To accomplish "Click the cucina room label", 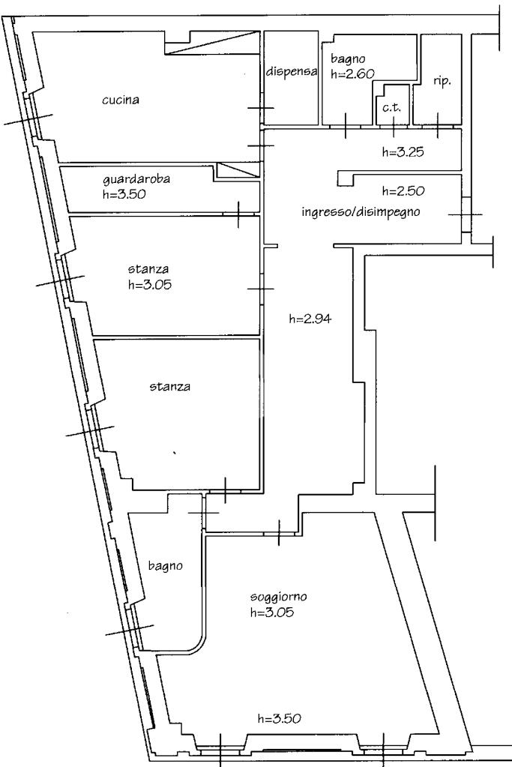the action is pyautogui.click(x=120, y=100).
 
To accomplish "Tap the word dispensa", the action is pyautogui.click(x=292, y=71).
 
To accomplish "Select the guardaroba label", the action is pyautogui.click(x=136, y=179).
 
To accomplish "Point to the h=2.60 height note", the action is pyautogui.click(x=352, y=74).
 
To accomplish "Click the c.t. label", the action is pyautogui.click(x=392, y=108).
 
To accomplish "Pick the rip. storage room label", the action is pyautogui.click(x=442, y=82).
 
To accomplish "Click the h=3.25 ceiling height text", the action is pyautogui.click(x=403, y=152).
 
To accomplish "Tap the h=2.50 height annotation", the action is pyautogui.click(x=403, y=190).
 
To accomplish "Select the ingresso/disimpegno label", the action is pyautogui.click(x=361, y=212).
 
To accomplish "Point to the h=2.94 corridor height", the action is pyautogui.click(x=310, y=319).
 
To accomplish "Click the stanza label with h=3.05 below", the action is pyautogui.click(x=148, y=268).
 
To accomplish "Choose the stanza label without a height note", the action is pyautogui.click(x=169, y=387).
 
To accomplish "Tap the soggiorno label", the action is pyautogui.click(x=278, y=597).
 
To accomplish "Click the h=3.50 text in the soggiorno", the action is pyautogui.click(x=279, y=718).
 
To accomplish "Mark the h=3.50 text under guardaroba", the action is pyautogui.click(x=124, y=193).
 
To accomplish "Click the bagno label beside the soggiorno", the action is pyautogui.click(x=165, y=566).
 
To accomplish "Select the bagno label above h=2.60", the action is pyautogui.click(x=348, y=59).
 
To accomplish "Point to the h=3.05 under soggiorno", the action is pyautogui.click(x=272, y=612).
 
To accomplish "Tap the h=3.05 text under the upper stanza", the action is pyautogui.click(x=150, y=284).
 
